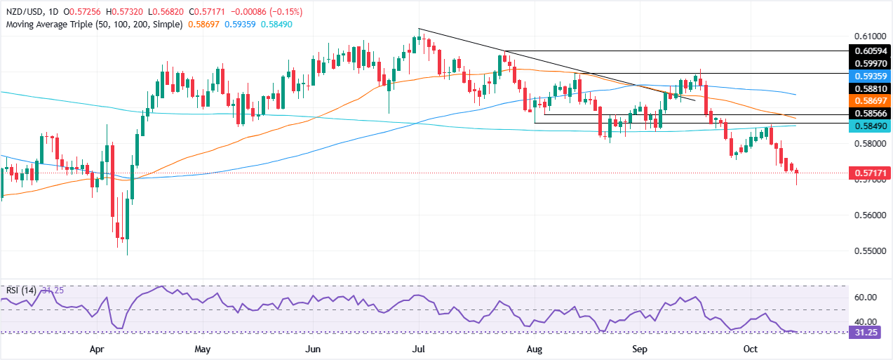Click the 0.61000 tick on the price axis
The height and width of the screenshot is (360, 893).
(868, 36)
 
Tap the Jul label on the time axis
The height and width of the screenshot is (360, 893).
(418, 348)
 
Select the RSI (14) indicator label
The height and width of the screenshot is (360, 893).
(20, 290)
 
